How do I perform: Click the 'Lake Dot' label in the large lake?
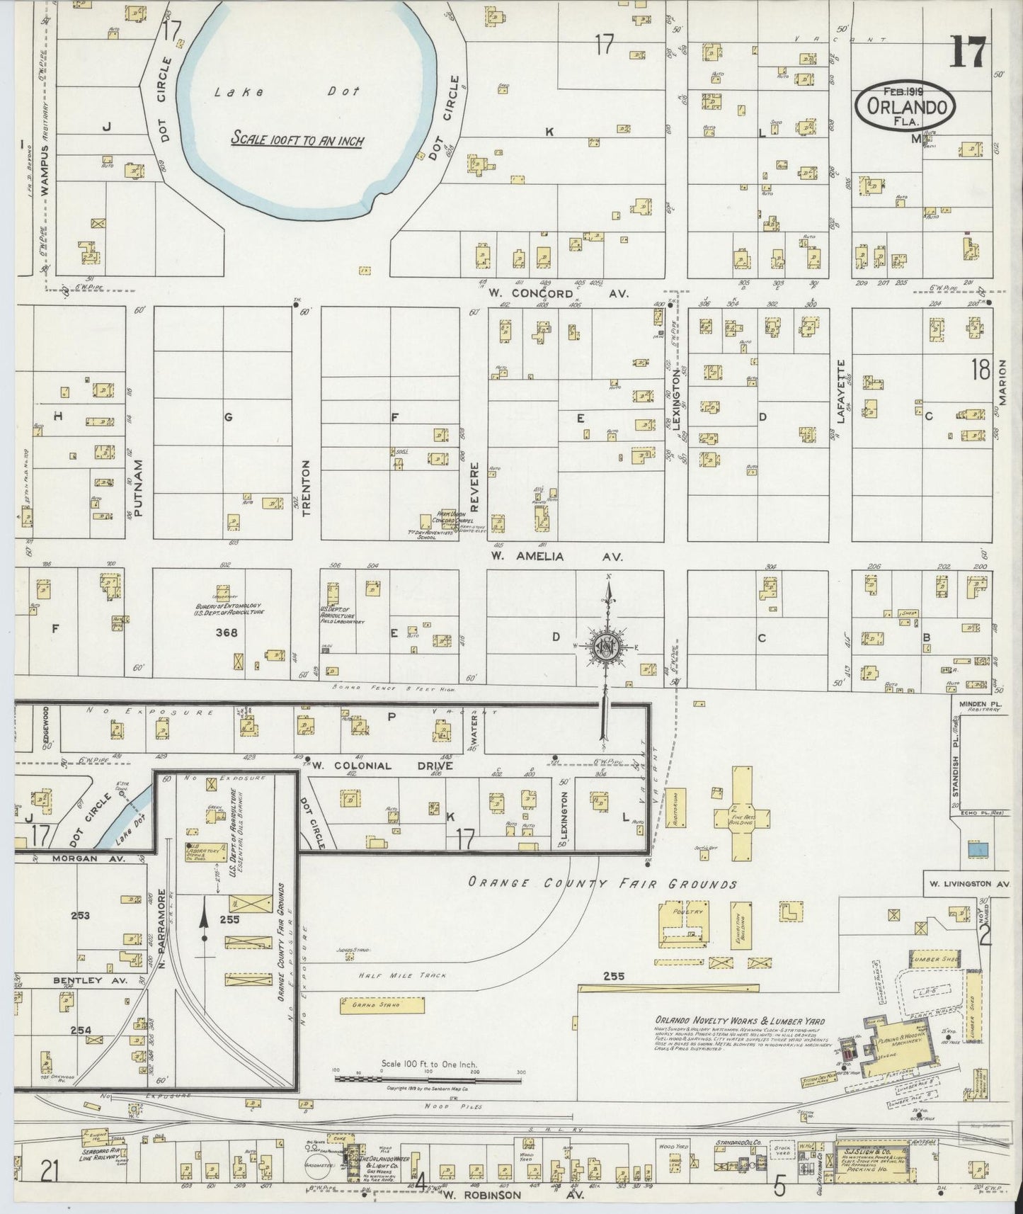pos(287,92)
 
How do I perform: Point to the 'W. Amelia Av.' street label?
pos(556,557)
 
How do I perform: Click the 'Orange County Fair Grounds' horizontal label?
pos(602,883)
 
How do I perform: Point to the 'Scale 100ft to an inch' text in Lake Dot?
pos(297,140)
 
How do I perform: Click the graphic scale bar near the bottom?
pos(428,1078)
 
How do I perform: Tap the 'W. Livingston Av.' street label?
pos(969,884)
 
